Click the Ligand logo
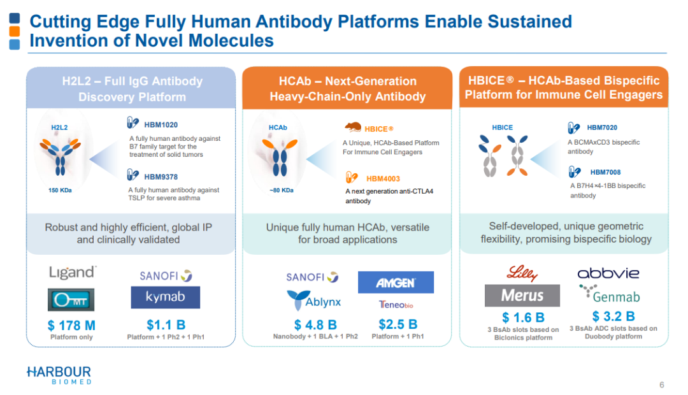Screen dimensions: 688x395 click(x=73, y=273)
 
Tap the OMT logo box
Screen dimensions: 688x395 click(x=71, y=300)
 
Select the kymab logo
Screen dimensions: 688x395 click(x=166, y=297)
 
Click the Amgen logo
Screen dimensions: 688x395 click(x=396, y=282)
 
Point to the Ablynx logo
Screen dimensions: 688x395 click(x=313, y=301)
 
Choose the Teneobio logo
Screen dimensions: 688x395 click(x=396, y=305)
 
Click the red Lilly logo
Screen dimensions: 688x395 click(x=522, y=273)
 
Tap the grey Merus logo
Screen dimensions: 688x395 click(x=522, y=296)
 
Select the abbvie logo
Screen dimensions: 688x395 click(x=608, y=273)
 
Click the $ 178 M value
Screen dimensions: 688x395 click(x=71, y=325)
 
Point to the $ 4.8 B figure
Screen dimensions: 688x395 click(x=315, y=325)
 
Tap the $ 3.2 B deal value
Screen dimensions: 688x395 click(x=613, y=316)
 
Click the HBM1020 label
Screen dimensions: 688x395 click(x=161, y=125)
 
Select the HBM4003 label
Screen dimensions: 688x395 click(x=383, y=178)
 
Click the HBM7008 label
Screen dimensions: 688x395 click(x=606, y=172)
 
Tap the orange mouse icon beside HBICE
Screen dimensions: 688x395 click(x=353, y=127)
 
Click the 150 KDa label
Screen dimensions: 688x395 click(x=60, y=190)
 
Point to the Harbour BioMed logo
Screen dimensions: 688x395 click(x=59, y=375)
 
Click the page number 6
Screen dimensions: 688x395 click(x=662, y=385)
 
